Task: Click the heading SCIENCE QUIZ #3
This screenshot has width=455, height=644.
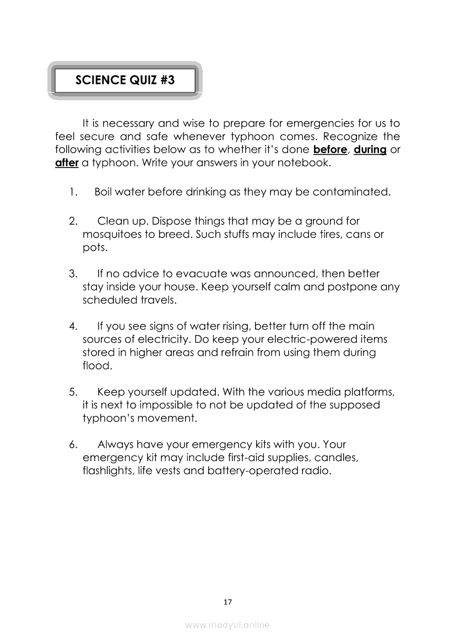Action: tap(124, 80)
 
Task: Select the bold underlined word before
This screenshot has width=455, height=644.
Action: tap(329, 150)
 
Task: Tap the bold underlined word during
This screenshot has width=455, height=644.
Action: tap(370, 150)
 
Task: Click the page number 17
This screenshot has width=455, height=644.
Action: tap(227, 602)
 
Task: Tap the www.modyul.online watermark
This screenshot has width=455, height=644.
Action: tap(227, 625)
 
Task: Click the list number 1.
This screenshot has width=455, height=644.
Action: tap(72, 192)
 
